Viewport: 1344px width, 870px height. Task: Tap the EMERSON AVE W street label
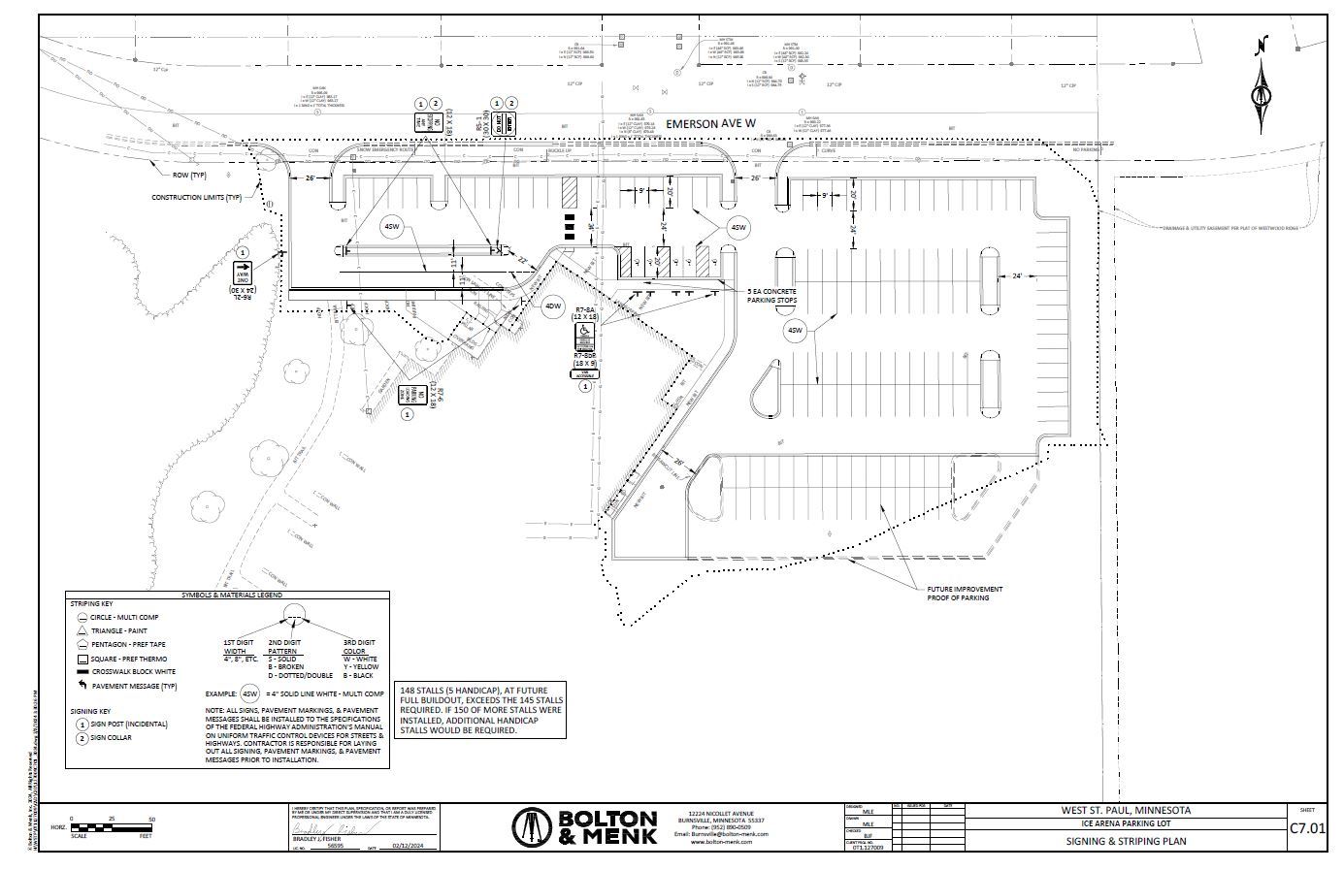coord(709,123)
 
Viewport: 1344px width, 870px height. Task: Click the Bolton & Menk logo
coord(584,827)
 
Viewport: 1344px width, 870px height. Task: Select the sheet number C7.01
coord(1307,828)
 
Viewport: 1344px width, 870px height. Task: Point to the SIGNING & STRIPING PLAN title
coord(1126,841)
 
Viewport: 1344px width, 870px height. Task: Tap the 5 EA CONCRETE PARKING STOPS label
coord(771,295)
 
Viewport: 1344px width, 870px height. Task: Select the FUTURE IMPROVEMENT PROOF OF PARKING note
coord(965,593)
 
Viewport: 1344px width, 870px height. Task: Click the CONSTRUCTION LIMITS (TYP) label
coord(196,198)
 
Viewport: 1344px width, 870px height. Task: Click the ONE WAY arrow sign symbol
coord(242,272)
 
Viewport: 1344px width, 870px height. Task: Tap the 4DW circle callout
coord(552,306)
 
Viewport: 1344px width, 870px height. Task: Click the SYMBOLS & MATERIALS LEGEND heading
coord(228,596)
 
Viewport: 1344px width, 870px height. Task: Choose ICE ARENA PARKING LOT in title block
coord(1126,823)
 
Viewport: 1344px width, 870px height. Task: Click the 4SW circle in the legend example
coord(249,693)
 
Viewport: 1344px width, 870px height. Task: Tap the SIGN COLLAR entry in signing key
coord(112,737)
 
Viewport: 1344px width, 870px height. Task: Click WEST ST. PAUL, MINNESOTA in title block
coord(1126,810)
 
